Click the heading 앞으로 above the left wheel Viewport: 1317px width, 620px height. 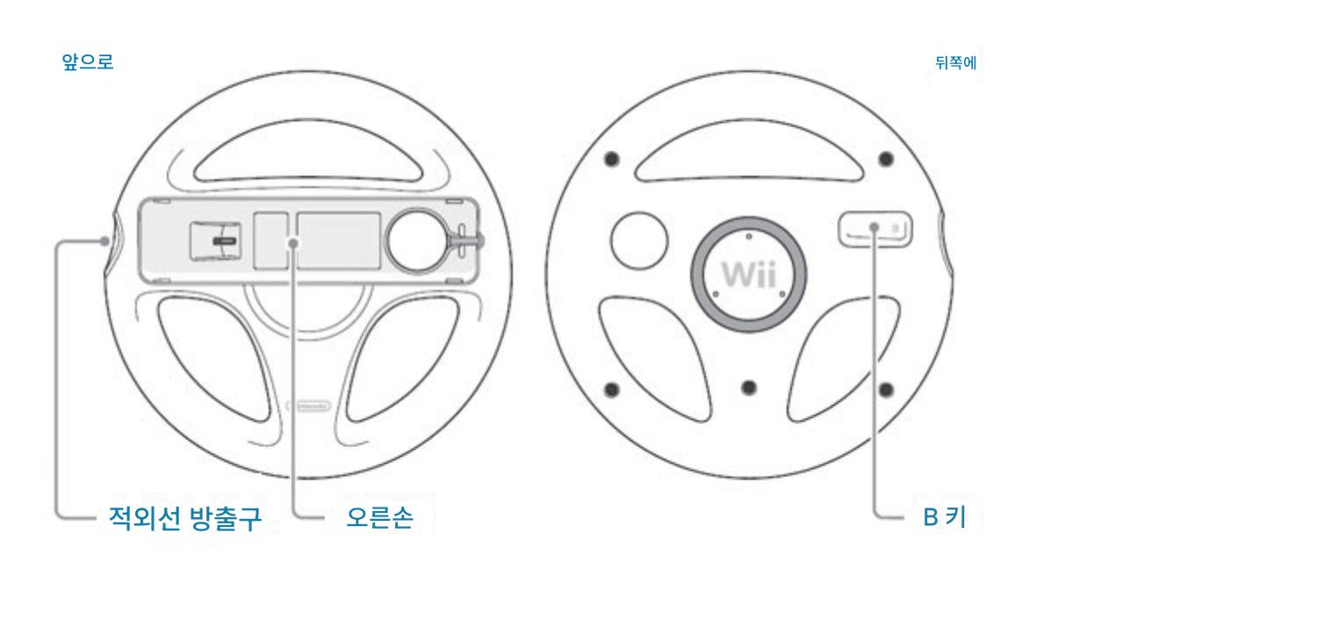tap(87, 62)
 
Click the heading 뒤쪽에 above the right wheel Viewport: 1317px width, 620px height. tap(956, 63)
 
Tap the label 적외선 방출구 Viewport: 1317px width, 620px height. tap(184, 518)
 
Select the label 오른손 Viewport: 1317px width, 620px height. tap(379, 518)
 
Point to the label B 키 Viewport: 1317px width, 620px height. tap(944, 518)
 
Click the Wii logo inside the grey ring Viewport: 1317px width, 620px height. tap(748, 275)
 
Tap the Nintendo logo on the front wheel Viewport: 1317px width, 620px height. tap(308, 406)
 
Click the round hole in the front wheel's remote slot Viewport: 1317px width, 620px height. tap(416, 237)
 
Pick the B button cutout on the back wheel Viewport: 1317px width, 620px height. tap(874, 229)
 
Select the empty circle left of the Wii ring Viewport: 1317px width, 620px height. tap(638, 240)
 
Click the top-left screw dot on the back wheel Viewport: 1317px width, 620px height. tap(612, 159)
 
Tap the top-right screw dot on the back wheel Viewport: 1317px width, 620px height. tap(886, 159)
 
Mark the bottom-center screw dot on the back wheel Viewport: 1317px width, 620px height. tap(749, 388)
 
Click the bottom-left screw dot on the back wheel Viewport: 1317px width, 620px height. tap(612, 389)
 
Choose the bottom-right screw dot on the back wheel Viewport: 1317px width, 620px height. tap(886, 389)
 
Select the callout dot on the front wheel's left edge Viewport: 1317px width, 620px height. tap(105, 240)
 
